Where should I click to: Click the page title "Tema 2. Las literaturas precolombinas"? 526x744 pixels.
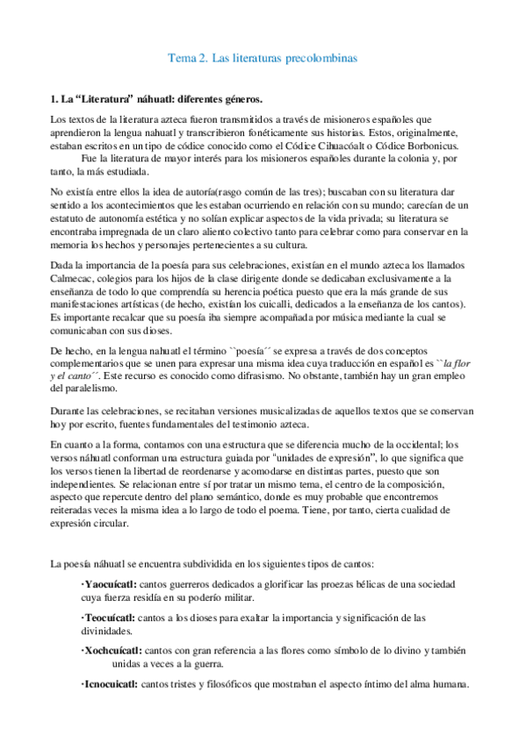pos(263,59)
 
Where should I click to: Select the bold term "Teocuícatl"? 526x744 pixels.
pos(107,618)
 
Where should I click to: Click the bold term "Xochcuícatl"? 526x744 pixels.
pos(110,651)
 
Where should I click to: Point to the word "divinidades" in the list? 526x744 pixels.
pos(106,631)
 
